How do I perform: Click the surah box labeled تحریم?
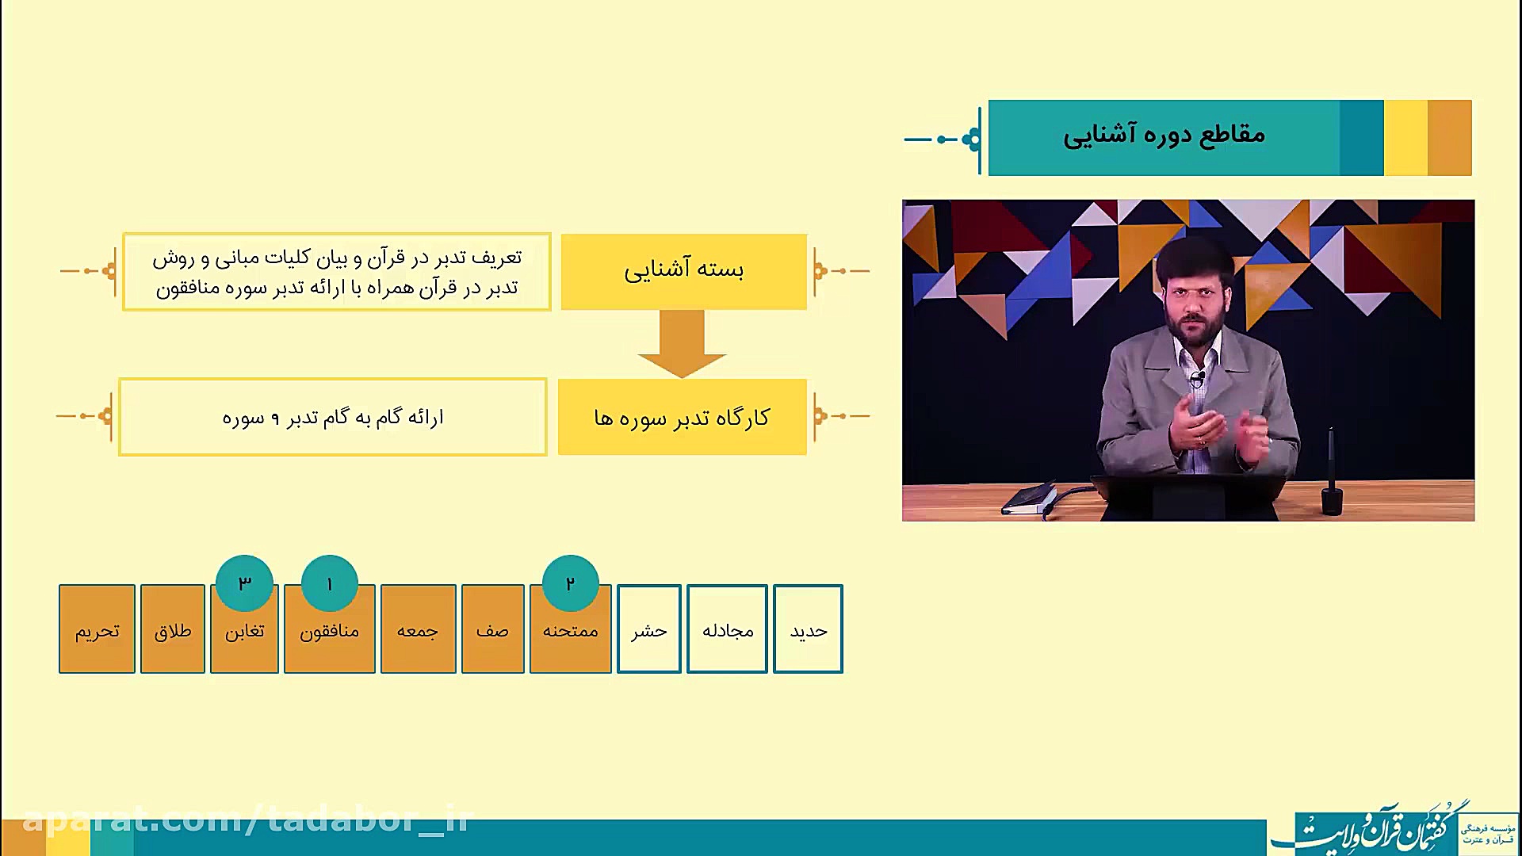97,629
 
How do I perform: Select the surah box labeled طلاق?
173,629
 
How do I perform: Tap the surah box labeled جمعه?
418,629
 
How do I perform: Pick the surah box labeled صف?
492,629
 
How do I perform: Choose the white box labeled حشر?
649,629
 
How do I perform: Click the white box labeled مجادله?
727,629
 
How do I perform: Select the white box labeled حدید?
808,629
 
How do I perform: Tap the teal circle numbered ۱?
330,583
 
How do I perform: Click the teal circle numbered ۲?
570,583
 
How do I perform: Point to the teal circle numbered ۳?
244,583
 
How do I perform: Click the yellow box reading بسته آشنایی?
684,271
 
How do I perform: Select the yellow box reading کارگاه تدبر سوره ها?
683,417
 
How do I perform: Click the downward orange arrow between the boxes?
682,344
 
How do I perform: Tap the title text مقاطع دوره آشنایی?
1164,135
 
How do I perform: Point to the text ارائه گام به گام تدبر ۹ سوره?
333,418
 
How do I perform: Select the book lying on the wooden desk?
1030,499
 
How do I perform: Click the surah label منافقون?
330,632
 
